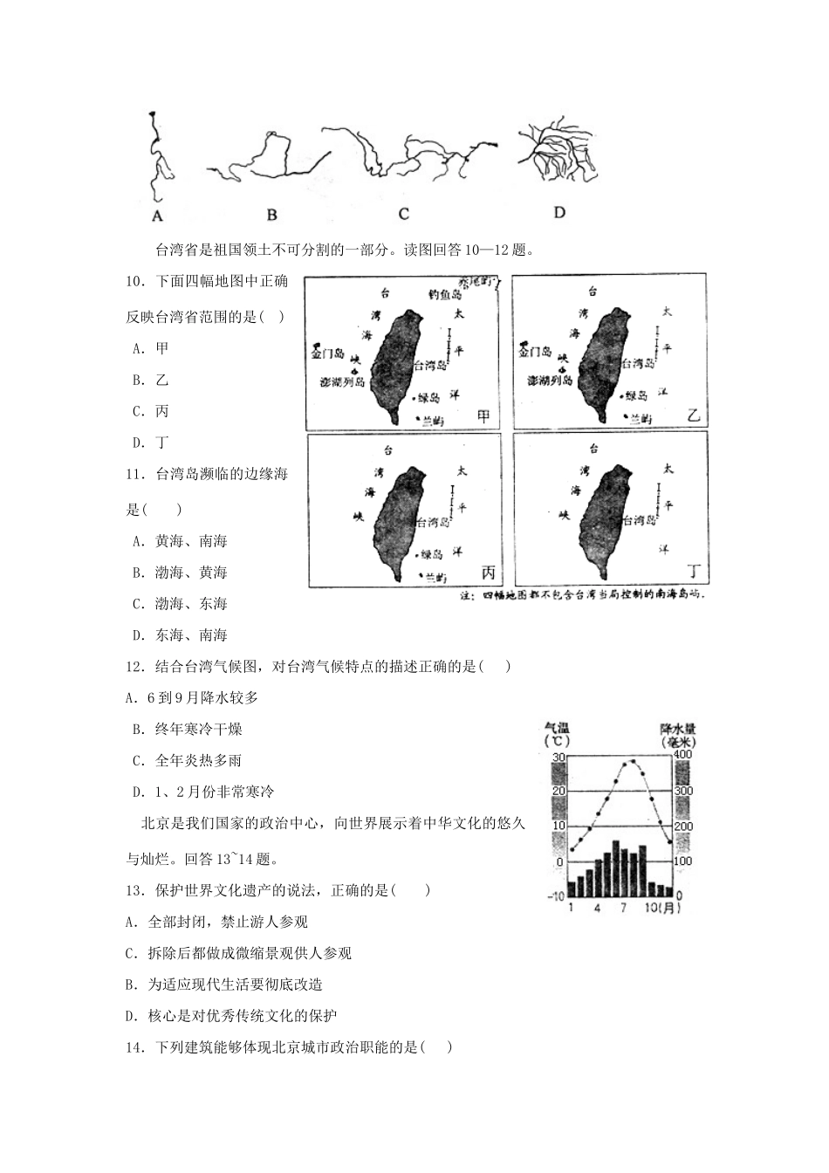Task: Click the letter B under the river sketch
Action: coord(271,215)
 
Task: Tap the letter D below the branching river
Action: coord(559,212)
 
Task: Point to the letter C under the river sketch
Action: coord(404,215)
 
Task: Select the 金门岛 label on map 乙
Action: coord(535,353)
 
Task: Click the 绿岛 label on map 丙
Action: coord(431,554)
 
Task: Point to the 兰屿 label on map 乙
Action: coord(641,419)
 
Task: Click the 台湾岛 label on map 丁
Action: coord(641,520)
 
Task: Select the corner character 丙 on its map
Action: coord(487,573)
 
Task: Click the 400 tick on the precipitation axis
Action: coord(682,755)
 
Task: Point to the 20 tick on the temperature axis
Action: coord(558,791)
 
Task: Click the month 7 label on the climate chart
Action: coord(623,908)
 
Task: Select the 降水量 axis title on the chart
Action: coord(680,729)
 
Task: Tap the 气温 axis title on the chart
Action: coord(557,728)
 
